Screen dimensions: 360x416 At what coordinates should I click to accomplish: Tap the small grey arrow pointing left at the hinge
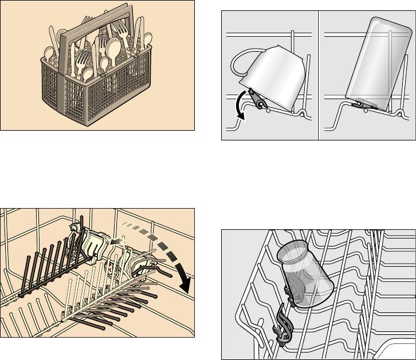(x=117, y=242)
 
